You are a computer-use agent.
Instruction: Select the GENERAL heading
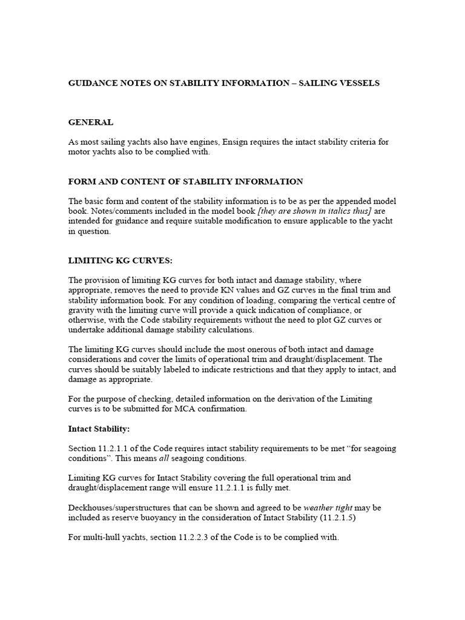pyautogui.click(x=91, y=122)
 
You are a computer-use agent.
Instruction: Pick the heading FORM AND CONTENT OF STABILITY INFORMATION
pyautogui.click(x=186, y=182)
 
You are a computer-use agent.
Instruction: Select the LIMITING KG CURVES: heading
pyautogui.click(x=120, y=260)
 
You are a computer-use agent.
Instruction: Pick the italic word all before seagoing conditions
pyautogui.click(x=167, y=458)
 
